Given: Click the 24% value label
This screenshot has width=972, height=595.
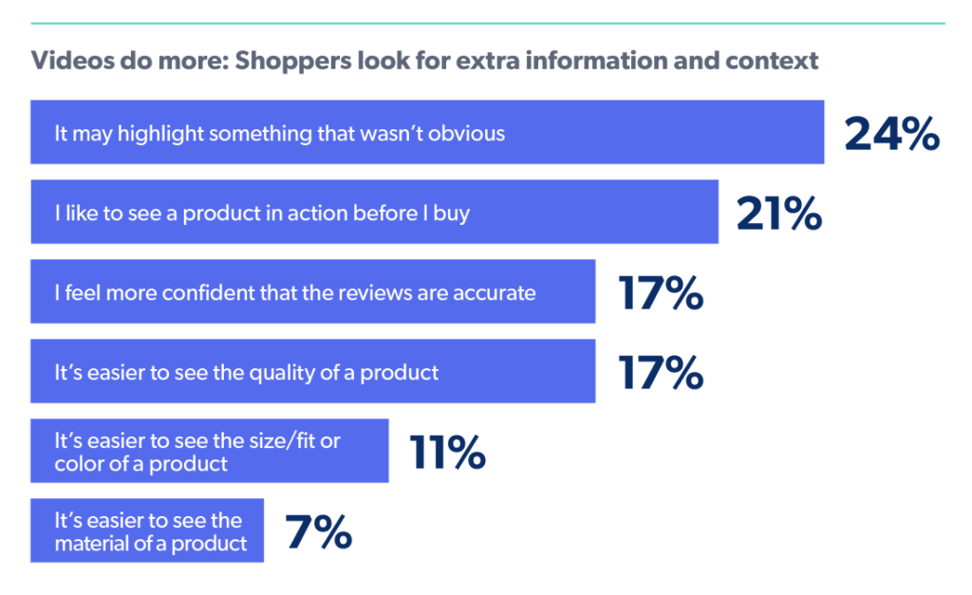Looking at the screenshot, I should pyautogui.click(x=891, y=135).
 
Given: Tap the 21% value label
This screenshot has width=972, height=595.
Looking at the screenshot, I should pyautogui.click(x=778, y=214).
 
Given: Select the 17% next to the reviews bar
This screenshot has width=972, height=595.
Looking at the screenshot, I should pyautogui.click(x=661, y=294).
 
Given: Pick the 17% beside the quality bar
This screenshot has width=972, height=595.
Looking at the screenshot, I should pyautogui.click(x=661, y=374).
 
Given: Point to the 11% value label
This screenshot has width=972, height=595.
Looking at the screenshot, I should pyautogui.click(x=447, y=454).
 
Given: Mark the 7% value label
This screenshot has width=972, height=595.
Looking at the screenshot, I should pyautogui.click(x=319, y=533).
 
